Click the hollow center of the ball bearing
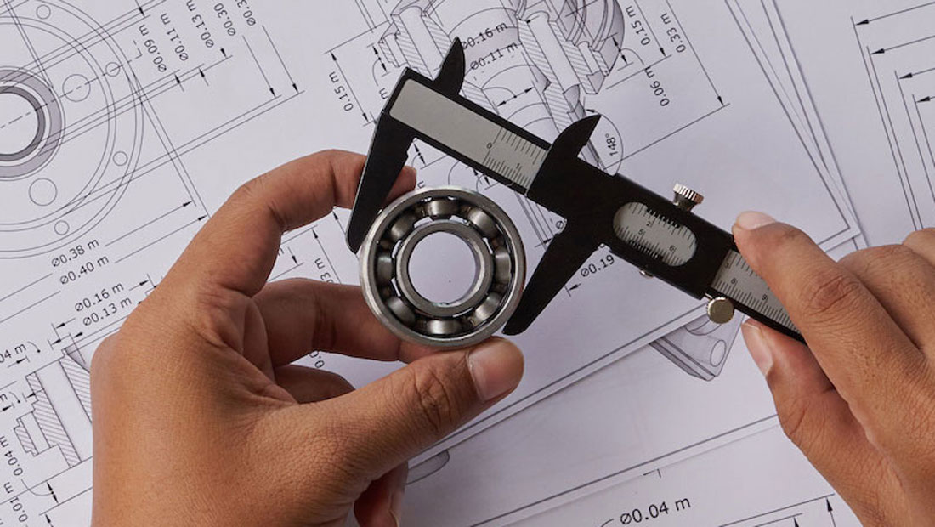441,266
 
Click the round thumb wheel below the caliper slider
720,309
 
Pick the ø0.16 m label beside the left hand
100,296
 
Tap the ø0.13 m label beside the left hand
107,314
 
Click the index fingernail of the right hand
754,221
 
